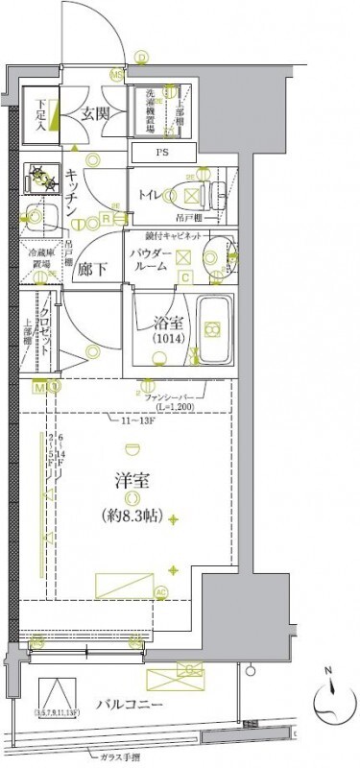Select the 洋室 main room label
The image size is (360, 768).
coord(131,476)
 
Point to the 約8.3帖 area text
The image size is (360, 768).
coord(131,510)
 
